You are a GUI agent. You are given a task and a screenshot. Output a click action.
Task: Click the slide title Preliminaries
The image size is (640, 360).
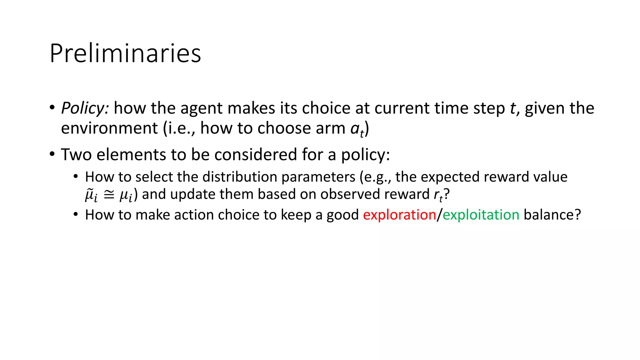(x=125, y=53)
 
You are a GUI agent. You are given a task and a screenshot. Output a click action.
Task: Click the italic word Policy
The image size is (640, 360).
(x=85, y=108)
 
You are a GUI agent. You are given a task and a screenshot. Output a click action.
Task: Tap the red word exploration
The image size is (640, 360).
(x=399, y=215)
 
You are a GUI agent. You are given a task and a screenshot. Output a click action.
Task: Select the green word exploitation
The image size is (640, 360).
(x=481, y=215)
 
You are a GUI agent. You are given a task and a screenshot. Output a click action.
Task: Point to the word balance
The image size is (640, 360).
(x=552, y=215)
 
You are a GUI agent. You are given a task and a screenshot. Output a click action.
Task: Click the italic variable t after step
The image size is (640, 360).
(x=513, y=108)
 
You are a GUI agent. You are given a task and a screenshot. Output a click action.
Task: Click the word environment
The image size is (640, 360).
(x=109, y=128)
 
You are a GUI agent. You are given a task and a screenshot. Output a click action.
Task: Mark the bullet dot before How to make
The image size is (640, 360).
(x=76, y=215)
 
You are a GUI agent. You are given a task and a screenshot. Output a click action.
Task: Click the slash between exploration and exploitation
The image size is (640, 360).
(x=439, y=215)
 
